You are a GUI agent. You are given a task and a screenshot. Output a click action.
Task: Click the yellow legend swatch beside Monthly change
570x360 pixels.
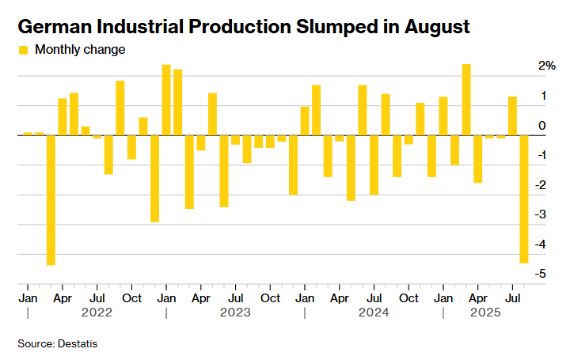coord(23,50)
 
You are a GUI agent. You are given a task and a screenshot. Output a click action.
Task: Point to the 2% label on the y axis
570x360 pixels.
coord(546,66)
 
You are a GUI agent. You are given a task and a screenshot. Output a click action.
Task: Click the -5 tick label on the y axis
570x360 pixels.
coord(540,274)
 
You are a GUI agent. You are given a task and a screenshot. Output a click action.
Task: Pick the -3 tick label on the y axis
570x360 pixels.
coord(540,214)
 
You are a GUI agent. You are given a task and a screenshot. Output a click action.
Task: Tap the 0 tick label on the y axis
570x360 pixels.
coord(541,125)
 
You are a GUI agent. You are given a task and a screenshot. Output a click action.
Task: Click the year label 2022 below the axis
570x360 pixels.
coord(97,313)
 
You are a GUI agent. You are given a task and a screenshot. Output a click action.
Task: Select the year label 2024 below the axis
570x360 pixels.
coord(373,313)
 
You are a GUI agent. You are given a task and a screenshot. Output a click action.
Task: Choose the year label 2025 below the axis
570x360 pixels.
coord(485,313)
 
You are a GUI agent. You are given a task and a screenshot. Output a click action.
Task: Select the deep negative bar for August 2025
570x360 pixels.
coord(524,199)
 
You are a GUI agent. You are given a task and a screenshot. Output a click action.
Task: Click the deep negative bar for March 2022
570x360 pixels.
coord(51,200)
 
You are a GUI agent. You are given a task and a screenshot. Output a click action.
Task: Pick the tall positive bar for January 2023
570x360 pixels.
coord(166,100)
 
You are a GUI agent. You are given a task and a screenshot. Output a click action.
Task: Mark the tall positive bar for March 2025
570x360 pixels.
coord(466,100)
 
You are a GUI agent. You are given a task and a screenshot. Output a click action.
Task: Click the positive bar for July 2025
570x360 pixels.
coord(512,116)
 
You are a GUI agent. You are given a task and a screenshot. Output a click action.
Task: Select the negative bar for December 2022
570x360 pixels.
coord(155,179)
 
